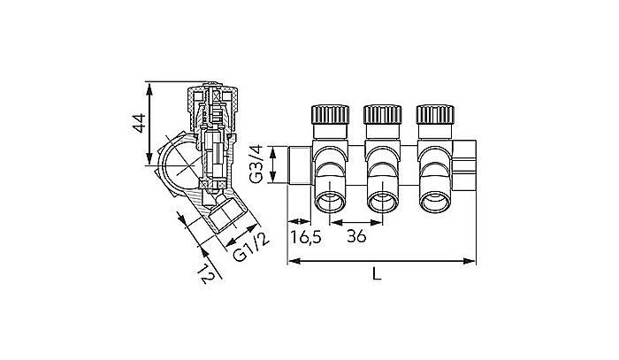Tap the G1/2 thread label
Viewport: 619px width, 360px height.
pos(248,246)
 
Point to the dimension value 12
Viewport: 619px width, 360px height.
pos(205,276)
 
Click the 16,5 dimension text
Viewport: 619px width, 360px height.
pos(304,236)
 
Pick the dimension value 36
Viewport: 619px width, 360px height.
pos(357,236)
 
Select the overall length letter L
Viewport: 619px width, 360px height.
pos(377,275)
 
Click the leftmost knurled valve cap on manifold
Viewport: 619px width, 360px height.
pos(327,116)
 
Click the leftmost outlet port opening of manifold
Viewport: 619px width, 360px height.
pos(332,203)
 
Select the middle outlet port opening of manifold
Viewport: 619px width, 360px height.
pos(384,203)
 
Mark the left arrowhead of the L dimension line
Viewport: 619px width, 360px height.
pos(292,261)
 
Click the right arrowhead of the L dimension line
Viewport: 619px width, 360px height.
pos(473,261)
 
